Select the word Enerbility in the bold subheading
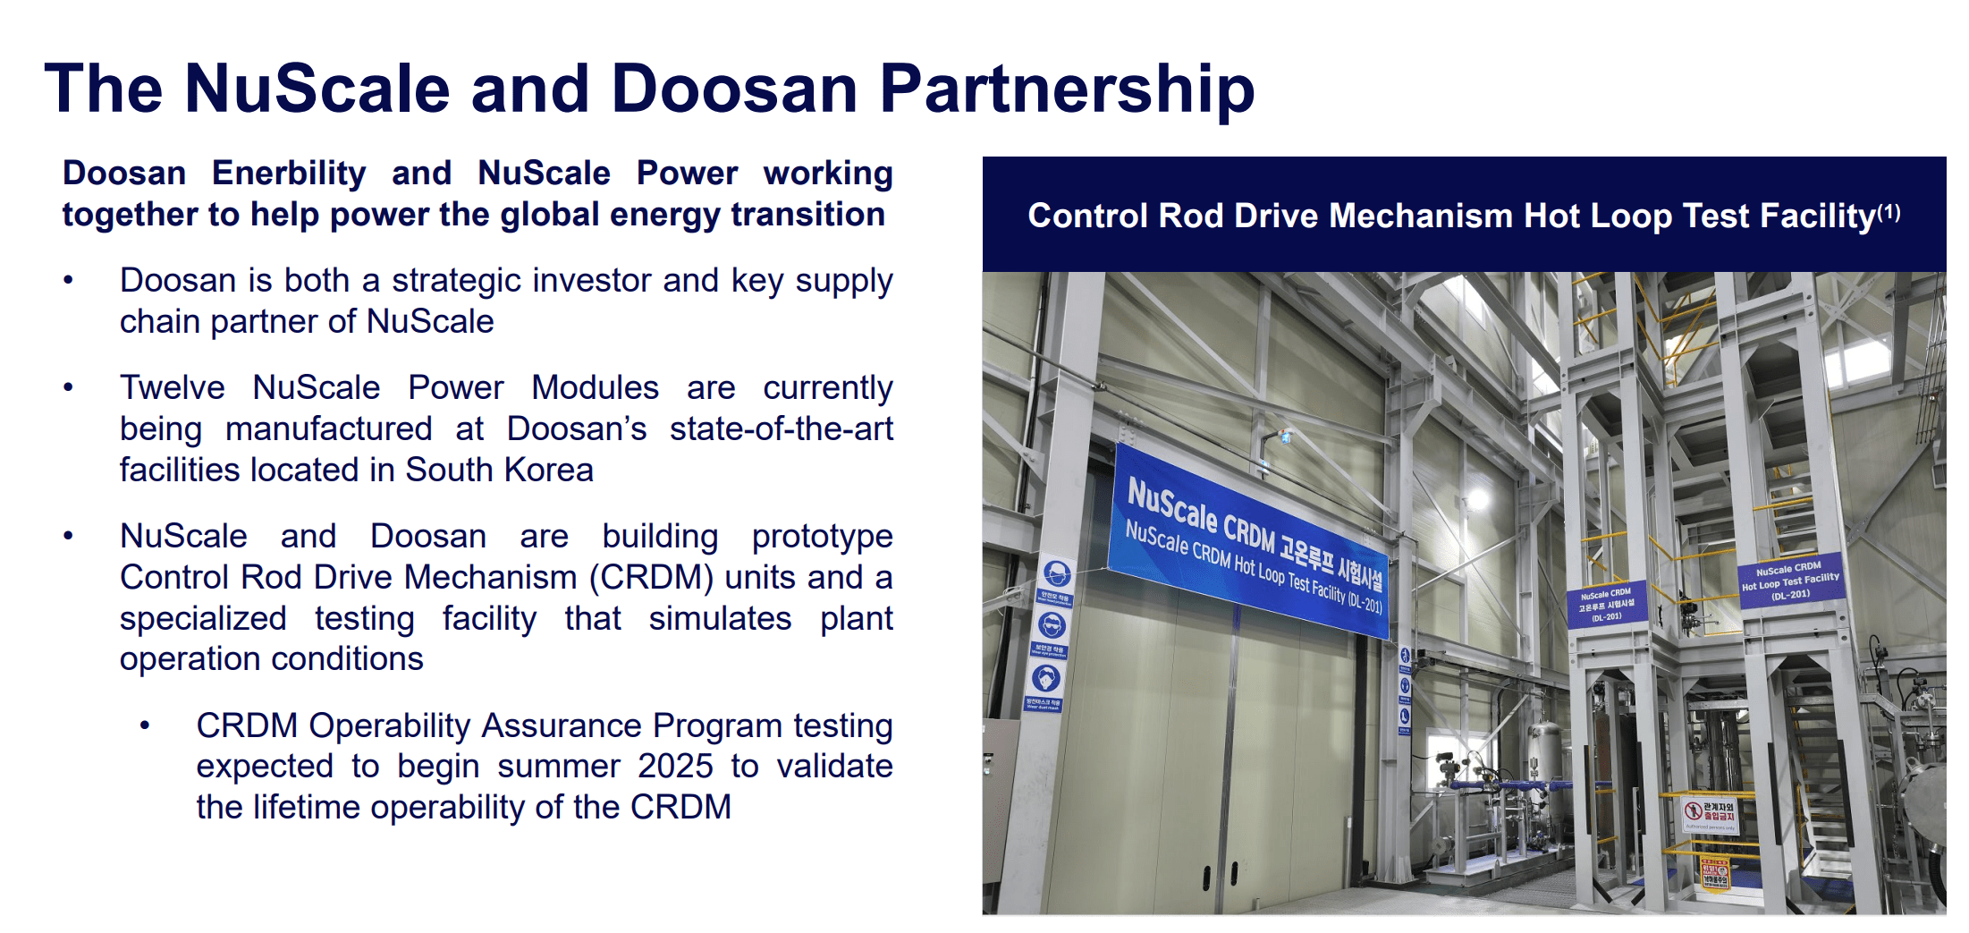click(289, 173)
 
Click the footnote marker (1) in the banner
click(1889, 212)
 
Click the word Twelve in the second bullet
click(173, 388)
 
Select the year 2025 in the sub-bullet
click(675, 767)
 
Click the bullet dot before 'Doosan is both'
click(68, 281)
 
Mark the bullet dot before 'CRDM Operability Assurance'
click(145, 726)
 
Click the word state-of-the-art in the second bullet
click(781, 429)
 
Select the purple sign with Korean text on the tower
click(1606, 606)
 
